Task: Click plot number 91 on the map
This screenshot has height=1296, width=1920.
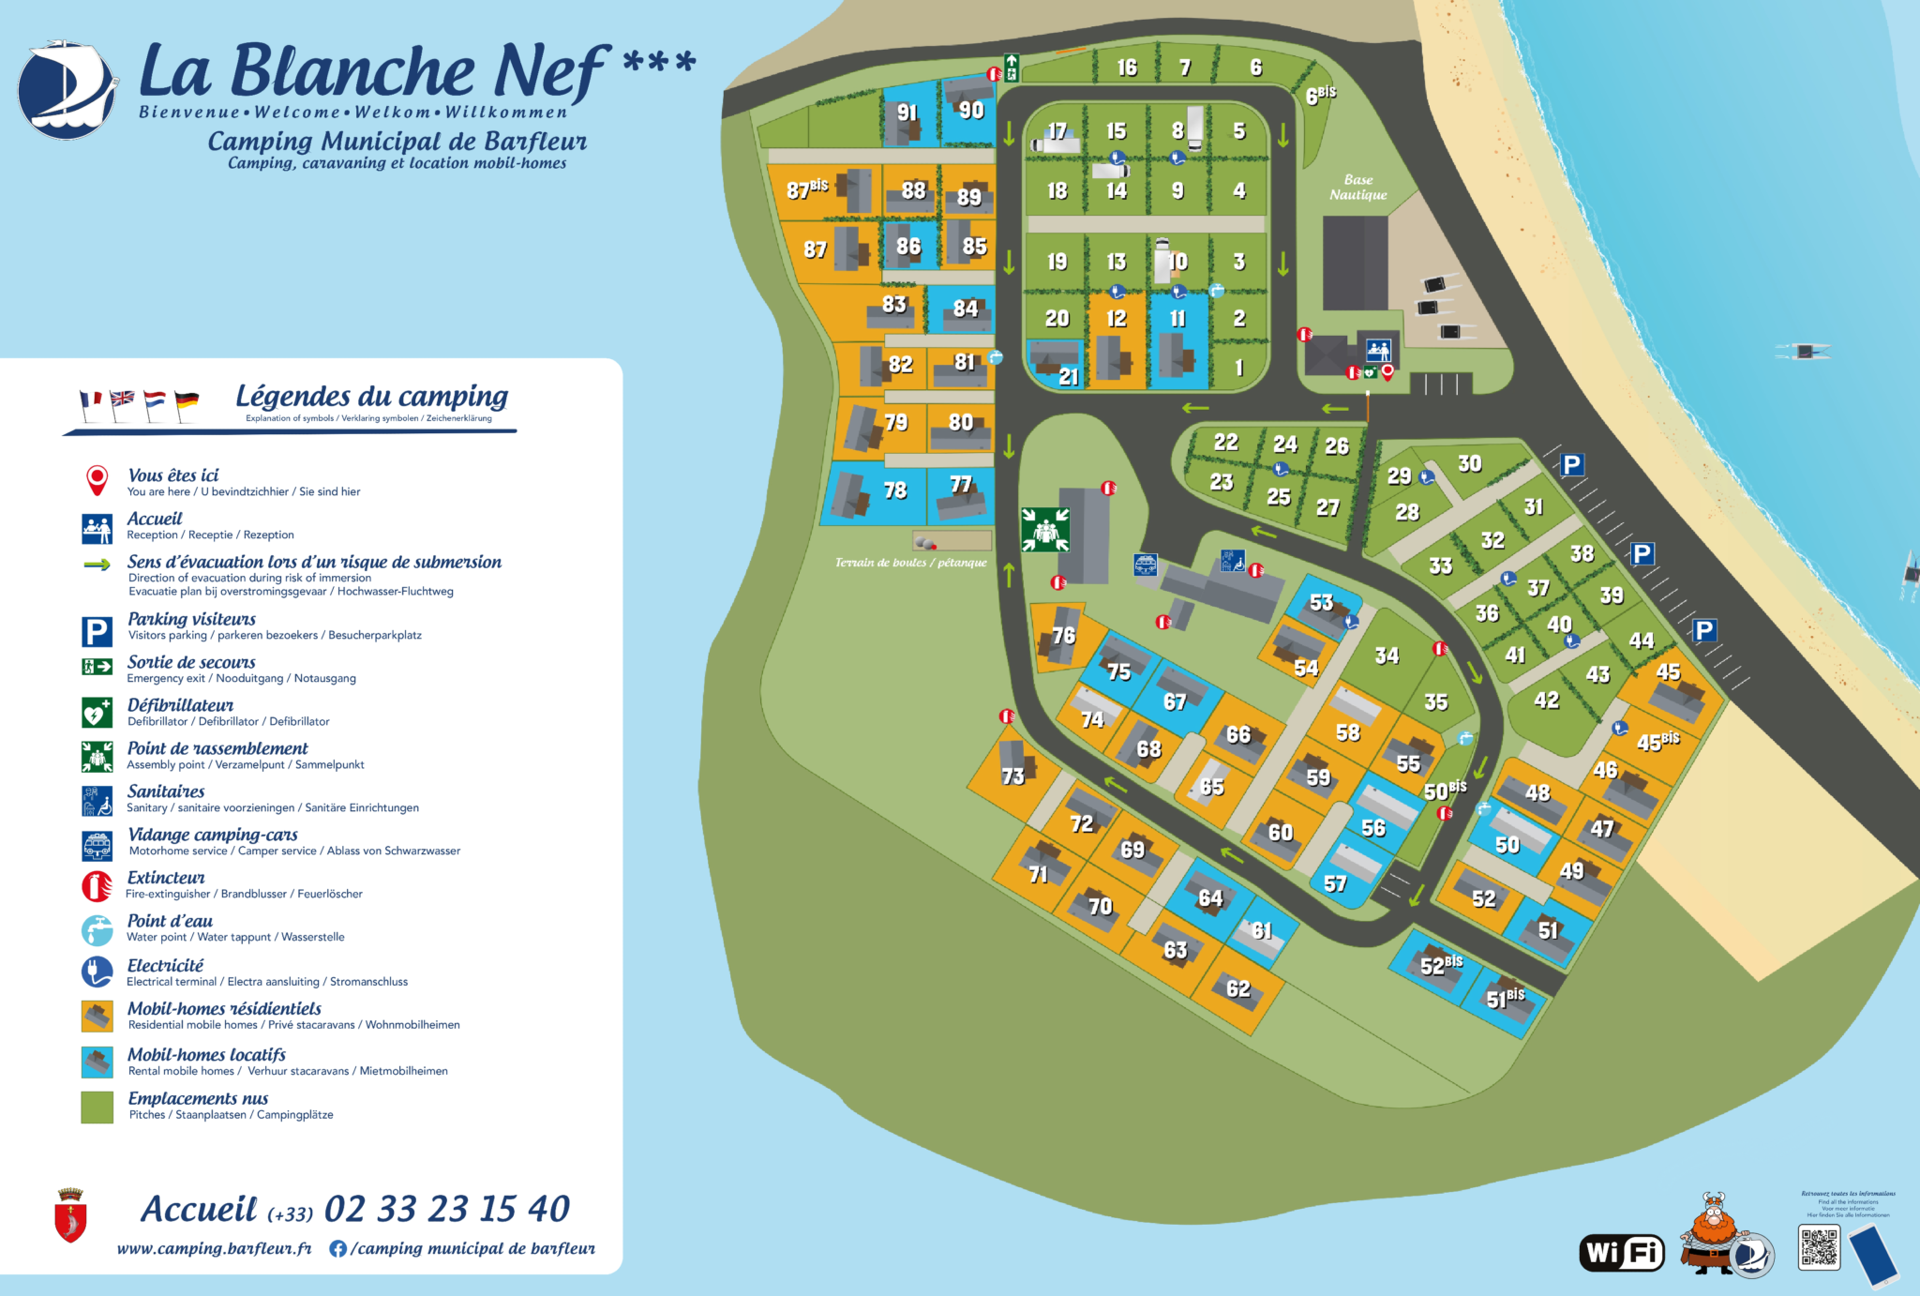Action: pos(907,113)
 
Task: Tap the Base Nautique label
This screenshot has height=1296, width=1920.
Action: pos(1357,188)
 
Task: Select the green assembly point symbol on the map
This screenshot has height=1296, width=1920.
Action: pos(1044,530)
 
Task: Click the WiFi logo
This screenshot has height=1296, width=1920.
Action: pos(1622,1252)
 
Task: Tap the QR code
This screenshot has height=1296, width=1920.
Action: pos(1819,1247)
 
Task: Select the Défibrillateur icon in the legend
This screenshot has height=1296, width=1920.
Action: pos(97,713)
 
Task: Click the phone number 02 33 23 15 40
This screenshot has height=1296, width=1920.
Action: pos(446,1209)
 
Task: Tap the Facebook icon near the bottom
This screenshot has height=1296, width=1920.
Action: pos(338,1248)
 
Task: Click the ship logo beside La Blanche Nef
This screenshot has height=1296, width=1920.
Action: pos(67,91)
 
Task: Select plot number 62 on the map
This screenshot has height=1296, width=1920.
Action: pos(1237,988)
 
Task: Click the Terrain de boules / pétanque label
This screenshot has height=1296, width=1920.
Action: pos(910,563)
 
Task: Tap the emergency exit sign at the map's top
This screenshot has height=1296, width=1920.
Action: pos(1012,68)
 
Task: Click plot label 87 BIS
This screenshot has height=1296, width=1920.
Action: pos(806,188)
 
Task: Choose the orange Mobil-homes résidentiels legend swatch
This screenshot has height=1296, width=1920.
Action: pos(97,1017)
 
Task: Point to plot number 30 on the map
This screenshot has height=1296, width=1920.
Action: pos(1469,463)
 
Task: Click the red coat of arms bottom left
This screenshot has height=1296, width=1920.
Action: pos(71,1215)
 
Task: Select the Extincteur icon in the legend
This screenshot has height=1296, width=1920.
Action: pos(97,885)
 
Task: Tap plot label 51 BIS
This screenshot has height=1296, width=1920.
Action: pos(1505,998)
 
